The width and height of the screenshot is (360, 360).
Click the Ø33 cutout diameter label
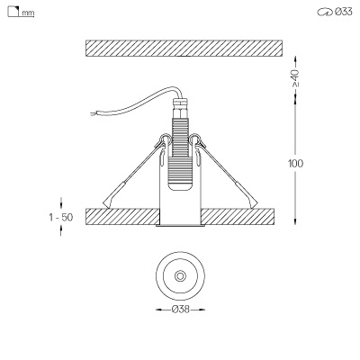click(344, 12)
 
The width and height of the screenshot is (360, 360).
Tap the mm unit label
click(28, 13)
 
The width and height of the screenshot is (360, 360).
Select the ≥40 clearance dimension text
click(295, 78)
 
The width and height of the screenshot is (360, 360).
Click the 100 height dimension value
click(295, 164)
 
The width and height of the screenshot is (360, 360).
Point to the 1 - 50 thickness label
click(61, 217)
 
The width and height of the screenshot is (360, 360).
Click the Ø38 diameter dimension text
click(181, 310)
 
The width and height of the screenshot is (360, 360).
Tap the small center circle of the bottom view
click(180, 276)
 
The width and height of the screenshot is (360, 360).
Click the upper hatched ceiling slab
click(184, 48)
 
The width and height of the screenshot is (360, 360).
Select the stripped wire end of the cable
click(94, 113)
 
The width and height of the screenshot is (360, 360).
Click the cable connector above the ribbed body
click(180, 108)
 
